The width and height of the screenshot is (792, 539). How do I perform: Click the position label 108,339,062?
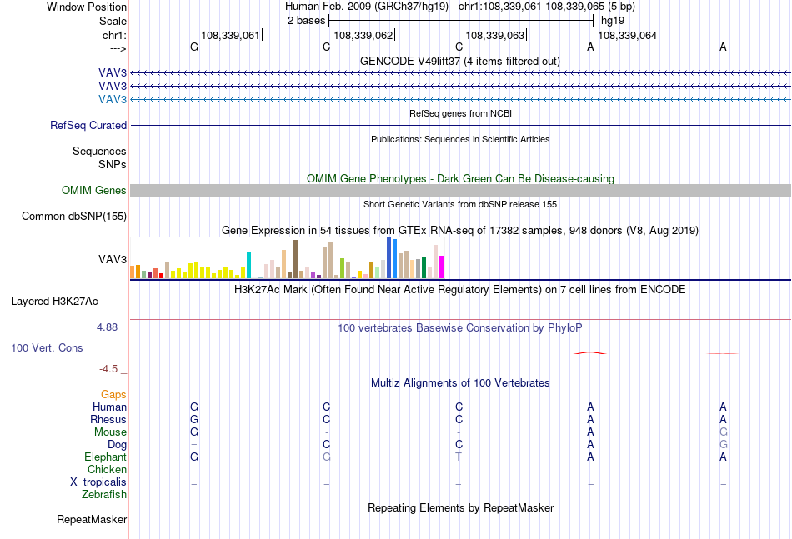pyautogui.click(x=363, y=35)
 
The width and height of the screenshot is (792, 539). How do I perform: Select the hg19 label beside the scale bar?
pyautogui.click(x=613, y=21)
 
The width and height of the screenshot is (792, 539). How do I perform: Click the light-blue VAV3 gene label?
pyautogui.click(x=113, y=99)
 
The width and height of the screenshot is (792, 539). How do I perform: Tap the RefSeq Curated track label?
pyautogui.click(x=88, y=125)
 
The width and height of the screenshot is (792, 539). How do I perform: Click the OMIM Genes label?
pyautogui.click(x=94, y=190)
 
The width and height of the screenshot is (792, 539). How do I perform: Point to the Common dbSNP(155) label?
pyautogui.click(x=74, y=216)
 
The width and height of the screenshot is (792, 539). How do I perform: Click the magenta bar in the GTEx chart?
pyautogui.click(x=442, y=267)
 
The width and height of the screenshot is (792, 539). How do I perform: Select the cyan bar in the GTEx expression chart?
pyautogui.click(x=248, y=265)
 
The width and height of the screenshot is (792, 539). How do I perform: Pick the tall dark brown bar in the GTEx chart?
pyautogui.click(x=295, y=259)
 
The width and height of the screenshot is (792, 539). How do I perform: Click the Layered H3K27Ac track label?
pyautogui.click(x=54, y=302)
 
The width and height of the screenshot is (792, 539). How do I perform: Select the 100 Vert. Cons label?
pyautogui.click(x=47, y=347)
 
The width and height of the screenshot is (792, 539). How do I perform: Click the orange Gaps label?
pyautogui.click(x=113, y=394)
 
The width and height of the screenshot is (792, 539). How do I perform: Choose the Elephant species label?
pyautogui.click(x=106, y=457)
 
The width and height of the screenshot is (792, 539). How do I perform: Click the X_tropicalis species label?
pyautogui.click(x=98, y=482)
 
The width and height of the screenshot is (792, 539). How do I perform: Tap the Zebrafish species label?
pyautogui.click(x=104, y=495)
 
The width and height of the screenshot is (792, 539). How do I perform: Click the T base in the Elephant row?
pyautogui.click(x=459, y=457)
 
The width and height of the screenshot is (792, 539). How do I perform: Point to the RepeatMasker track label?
pyautogui.click(x=92, y=519)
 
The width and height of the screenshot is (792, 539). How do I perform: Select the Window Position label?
pyautogui.click(x=87, y=7)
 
